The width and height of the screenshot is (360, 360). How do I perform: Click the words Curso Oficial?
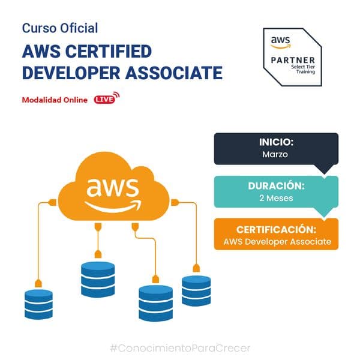59,28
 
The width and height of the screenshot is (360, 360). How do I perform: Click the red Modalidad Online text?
55,100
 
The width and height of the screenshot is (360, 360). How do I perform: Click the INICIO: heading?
276,143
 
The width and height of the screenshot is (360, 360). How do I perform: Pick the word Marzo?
276,155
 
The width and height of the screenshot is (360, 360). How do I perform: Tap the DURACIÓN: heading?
276,187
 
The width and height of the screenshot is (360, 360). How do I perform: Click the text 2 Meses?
276,198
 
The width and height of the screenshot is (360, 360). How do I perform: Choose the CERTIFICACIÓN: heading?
276,230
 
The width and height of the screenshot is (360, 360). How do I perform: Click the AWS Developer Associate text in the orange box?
276,241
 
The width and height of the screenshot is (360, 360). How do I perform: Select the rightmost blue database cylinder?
196,289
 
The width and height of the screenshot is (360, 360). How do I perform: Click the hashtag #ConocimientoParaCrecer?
180,347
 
